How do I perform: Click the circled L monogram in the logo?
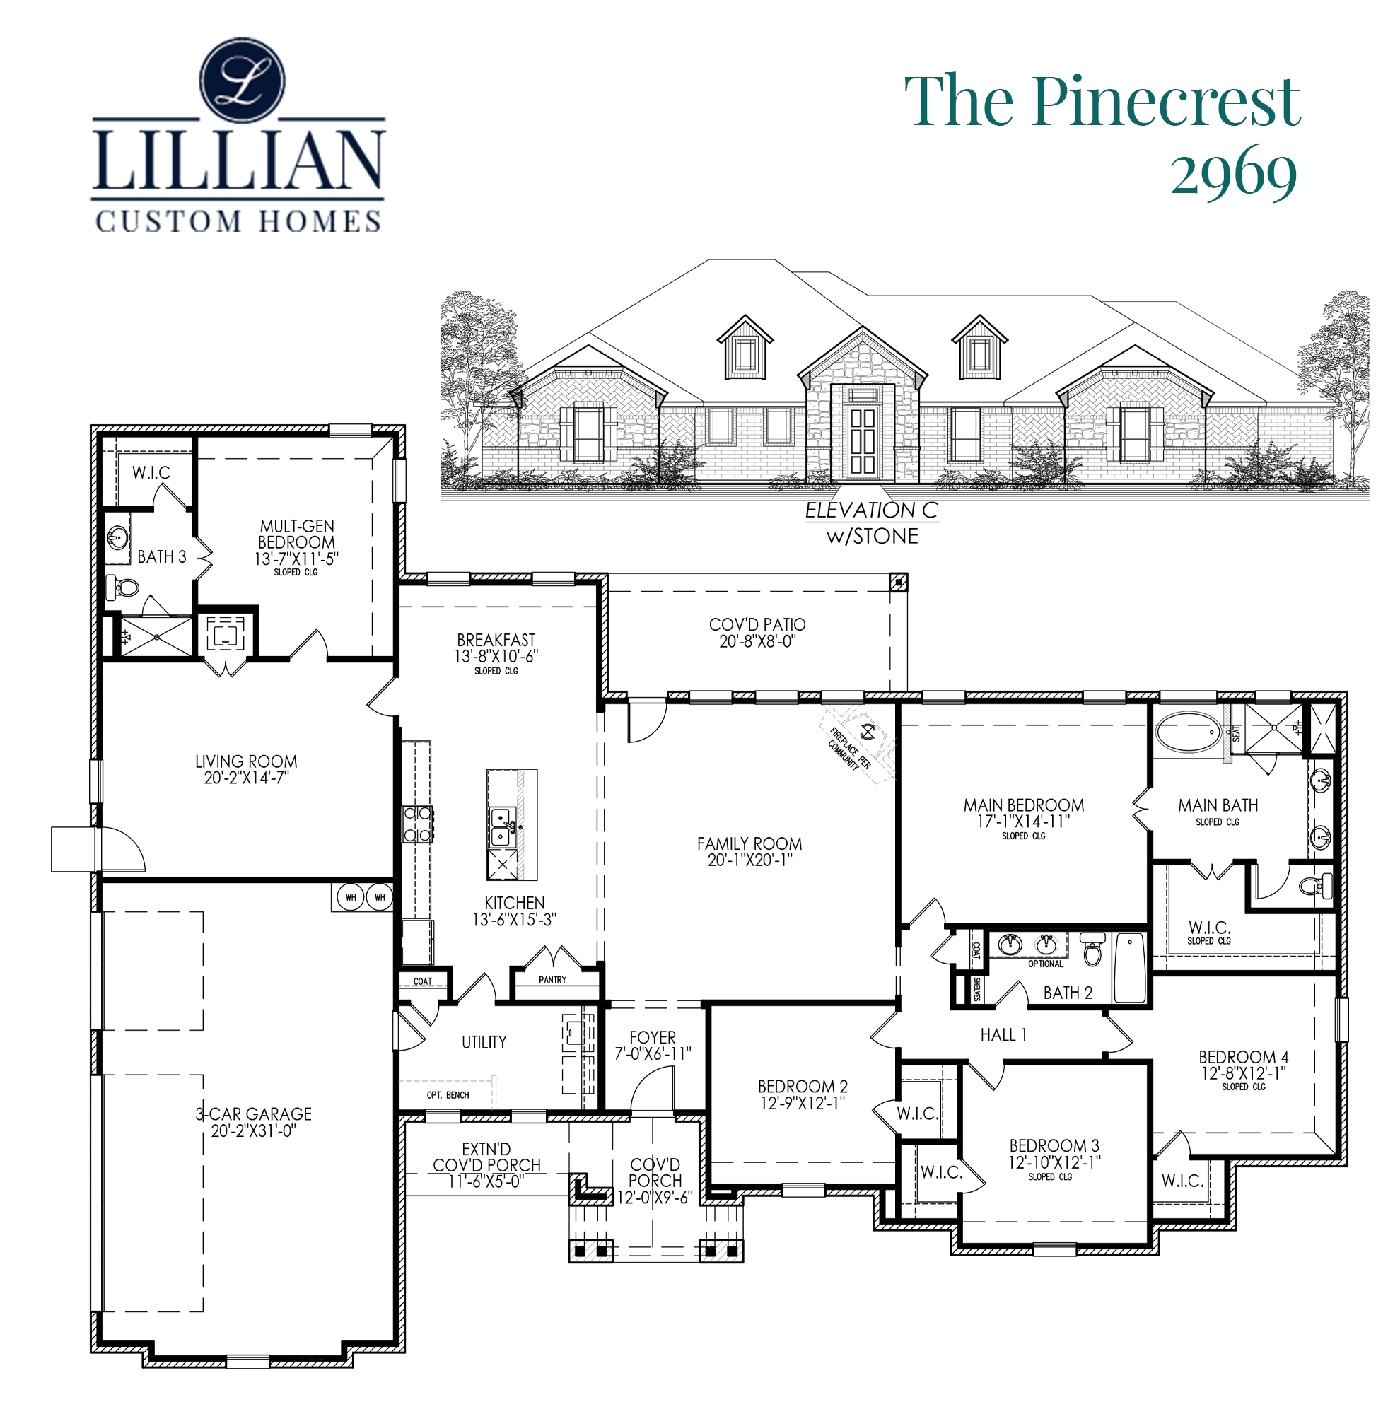point(243,81)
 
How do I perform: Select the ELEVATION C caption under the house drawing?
point(871,510)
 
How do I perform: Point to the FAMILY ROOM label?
point(749,844)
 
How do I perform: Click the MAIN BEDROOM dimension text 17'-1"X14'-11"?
point(1023,821)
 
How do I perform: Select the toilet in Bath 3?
point(122,586)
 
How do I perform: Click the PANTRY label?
point(552,979)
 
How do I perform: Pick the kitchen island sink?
point(501,827)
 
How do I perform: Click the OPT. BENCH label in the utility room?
point(448,1095)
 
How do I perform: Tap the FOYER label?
point(653,1037)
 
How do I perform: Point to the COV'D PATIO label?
point(757,624)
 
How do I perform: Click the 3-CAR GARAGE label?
point(253,1114)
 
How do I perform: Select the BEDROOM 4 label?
point(1244,1057)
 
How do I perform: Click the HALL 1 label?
point(1003,1035)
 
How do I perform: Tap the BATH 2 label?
point(1068,993)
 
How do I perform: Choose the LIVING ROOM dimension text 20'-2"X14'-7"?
point(247,778)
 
